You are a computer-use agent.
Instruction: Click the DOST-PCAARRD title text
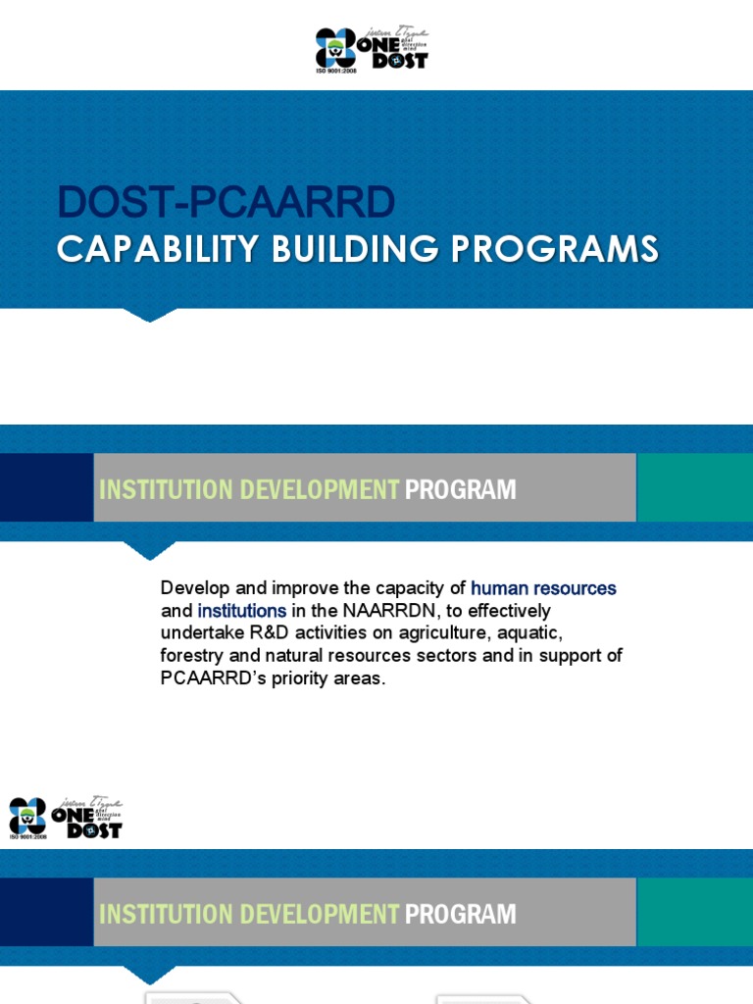point(226,203)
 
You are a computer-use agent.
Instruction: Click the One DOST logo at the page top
point(372,48)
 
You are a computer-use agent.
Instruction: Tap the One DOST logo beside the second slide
point(66,818)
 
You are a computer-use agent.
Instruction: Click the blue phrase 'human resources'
point(543,588)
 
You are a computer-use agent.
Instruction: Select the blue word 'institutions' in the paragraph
point(242,611)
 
